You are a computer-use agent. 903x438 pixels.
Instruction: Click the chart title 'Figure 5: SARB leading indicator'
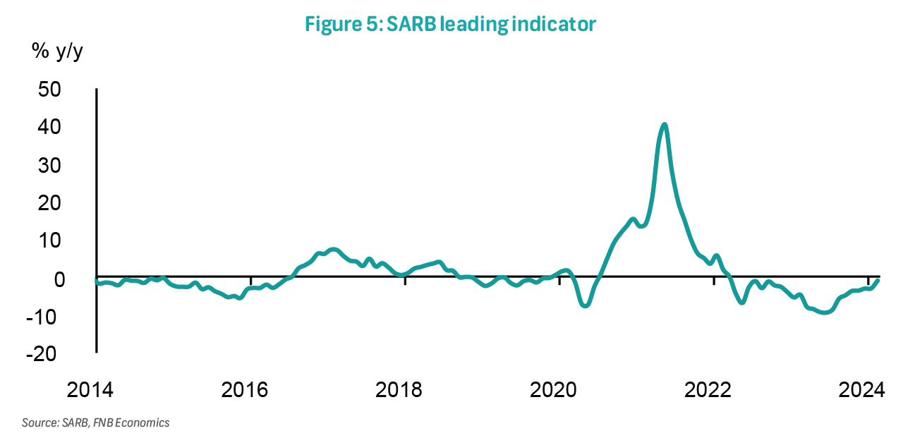[x=451, y=23]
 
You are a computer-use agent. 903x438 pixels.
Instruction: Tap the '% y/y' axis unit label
[x=57, y=51]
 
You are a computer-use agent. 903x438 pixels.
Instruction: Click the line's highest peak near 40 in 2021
[x=664, y=125]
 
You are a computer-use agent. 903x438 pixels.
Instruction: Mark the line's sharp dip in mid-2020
[x=584, y=305]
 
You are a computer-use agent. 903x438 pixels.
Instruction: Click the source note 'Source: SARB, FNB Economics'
[x=96, y=423]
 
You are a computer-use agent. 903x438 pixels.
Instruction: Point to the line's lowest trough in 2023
[x=824, y=312]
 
